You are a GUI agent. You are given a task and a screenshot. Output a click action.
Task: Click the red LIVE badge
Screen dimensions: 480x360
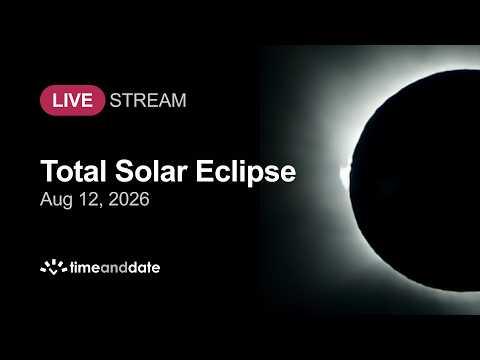[72, 100]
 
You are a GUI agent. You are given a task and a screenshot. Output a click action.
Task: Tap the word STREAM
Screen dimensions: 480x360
[148, 100]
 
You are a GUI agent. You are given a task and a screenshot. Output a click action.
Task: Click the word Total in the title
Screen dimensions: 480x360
[73, 171]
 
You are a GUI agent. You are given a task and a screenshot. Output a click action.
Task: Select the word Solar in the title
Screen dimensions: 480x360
[151, 171]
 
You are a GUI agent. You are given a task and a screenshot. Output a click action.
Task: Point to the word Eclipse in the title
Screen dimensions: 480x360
[246, 173]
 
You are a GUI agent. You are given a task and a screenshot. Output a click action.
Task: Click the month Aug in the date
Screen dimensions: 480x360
[56, 200]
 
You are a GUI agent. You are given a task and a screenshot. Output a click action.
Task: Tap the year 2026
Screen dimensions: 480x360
[129, 199]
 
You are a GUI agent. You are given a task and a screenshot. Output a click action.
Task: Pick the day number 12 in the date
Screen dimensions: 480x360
[89, 199]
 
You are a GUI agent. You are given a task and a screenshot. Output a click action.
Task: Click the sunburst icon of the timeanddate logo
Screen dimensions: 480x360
[53, 267]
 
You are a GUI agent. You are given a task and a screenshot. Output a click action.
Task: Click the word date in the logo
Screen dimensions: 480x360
[144, 267]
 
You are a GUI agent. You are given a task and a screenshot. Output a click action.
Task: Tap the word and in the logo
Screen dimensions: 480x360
[114, 267]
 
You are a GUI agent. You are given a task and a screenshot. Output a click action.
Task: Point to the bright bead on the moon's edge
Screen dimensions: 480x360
[345, 173]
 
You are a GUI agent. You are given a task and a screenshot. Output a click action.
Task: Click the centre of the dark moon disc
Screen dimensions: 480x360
[423, 180]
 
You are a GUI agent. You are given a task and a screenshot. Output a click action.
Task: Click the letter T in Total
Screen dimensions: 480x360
[48, 171]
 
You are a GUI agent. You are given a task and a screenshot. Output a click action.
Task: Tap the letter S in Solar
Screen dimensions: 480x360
[124, 171]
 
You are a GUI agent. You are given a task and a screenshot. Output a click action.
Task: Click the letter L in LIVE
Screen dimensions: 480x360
[57, 100]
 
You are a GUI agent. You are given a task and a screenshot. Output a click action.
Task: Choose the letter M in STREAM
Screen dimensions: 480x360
[179, 100]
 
